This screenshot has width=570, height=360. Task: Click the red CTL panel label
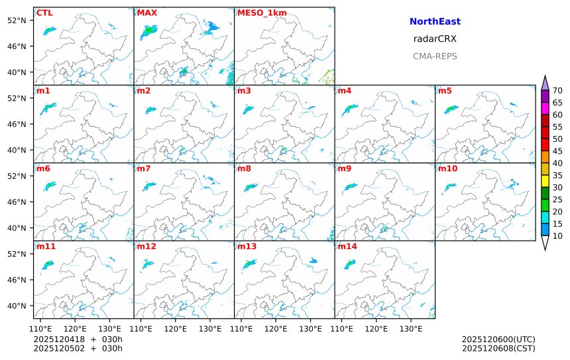(x=44, y=13)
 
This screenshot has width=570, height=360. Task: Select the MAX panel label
(x=146, y=13)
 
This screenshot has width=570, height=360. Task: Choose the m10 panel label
(x=447, y=168)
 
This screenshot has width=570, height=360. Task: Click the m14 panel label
(x=347, y=246)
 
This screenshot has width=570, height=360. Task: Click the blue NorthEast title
(x=435, y=22)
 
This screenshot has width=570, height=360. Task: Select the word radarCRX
(x=435, y=39)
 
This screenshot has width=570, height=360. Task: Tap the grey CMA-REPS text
(x=435, y=56)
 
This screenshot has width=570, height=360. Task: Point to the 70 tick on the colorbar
(x=557, y=91)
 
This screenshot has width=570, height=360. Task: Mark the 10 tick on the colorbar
(x=557, y=236)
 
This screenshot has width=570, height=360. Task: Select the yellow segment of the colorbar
(x=545, y=180)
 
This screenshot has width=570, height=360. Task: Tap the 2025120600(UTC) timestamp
(x=498, y=339)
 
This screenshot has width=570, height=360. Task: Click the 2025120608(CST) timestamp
(x=498, y=348)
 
